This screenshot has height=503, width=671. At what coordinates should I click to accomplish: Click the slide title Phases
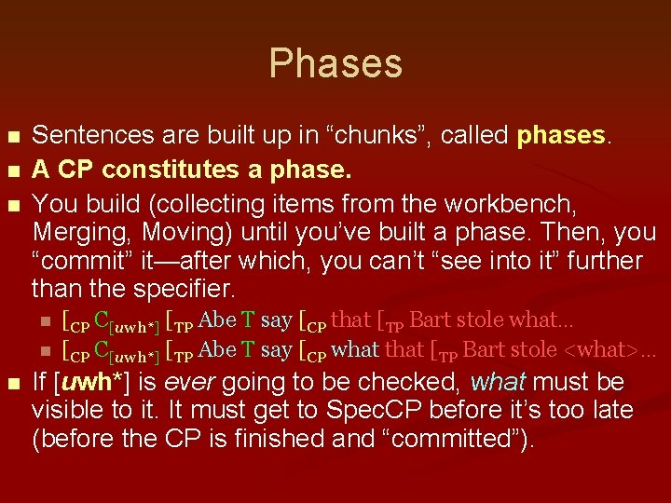[335, 63]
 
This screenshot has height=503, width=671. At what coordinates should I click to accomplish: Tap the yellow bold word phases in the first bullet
[561, 136]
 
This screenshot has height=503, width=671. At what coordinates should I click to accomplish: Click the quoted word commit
[84, 262]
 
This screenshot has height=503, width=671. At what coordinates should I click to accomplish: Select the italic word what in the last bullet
[499, 382]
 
